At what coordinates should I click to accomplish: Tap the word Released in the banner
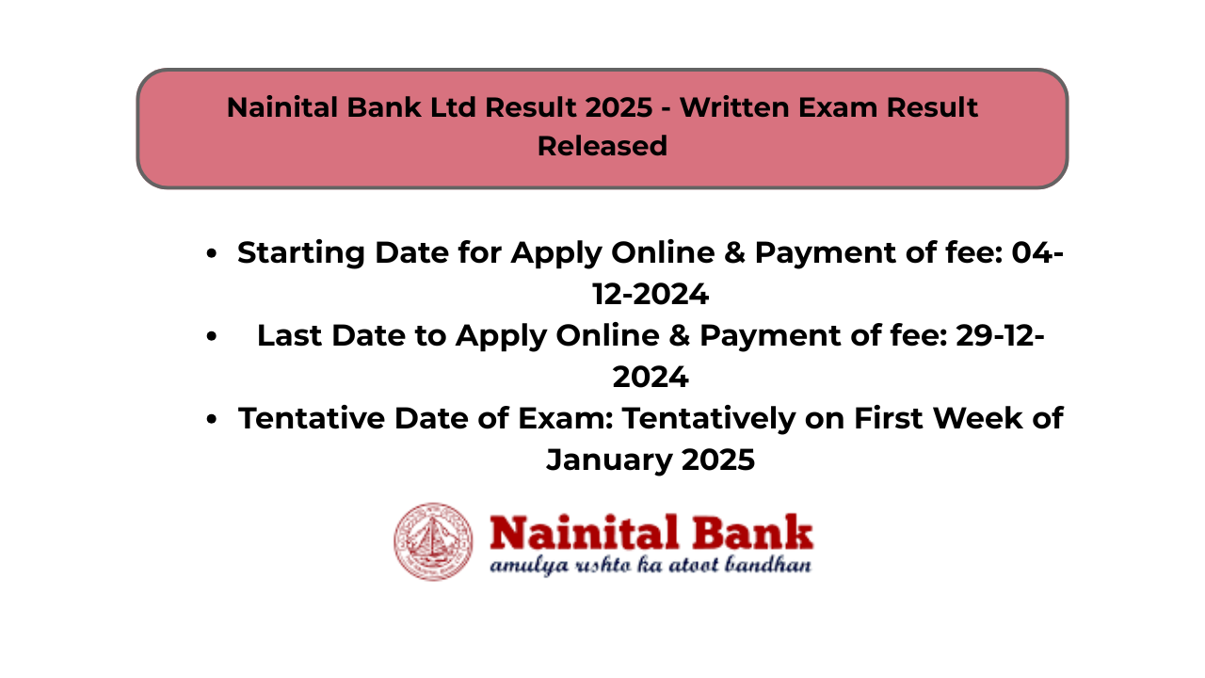coord(602,146)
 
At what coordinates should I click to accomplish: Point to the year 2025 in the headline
coord(619,107)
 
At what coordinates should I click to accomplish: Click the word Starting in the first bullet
coord(300,253)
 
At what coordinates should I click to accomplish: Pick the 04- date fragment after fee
coord(1037,252)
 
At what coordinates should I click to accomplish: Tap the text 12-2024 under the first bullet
coord(651,295)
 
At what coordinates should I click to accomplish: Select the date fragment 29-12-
coord(1000,336)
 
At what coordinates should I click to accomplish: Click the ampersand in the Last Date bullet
coord(680,336)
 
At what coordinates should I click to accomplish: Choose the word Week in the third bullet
coord(977,418)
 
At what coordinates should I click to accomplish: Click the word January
coord(609,460)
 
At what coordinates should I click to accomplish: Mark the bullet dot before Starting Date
coord(212,253)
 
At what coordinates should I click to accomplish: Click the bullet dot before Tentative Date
coord(212,419)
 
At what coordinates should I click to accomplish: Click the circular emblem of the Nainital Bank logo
coord(434,541)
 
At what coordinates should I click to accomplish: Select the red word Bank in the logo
coord(752,532)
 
